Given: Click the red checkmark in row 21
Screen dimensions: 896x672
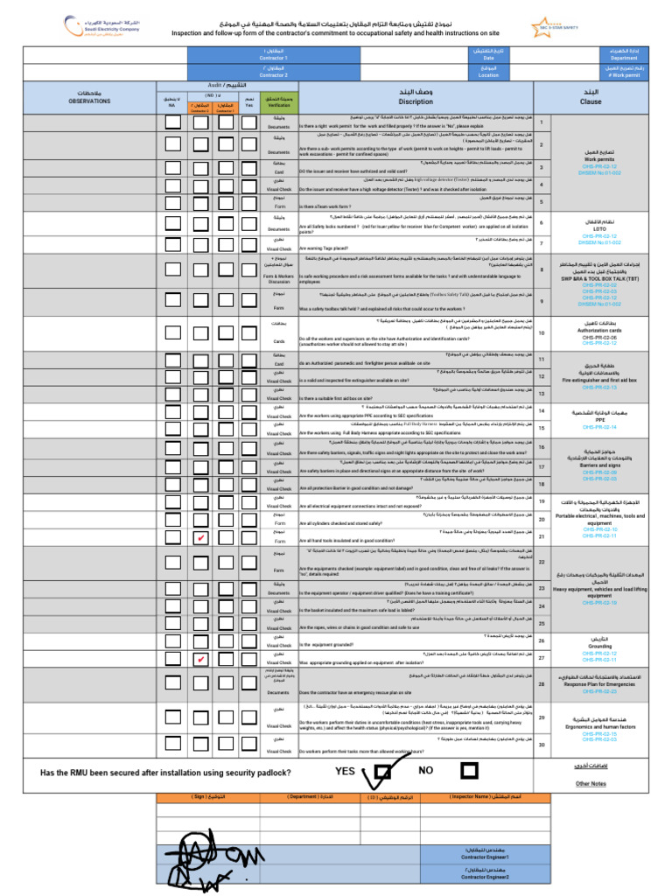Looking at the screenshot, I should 201,537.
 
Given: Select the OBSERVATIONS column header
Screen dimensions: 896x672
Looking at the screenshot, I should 90,98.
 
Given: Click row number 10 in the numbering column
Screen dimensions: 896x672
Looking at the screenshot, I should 542,333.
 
